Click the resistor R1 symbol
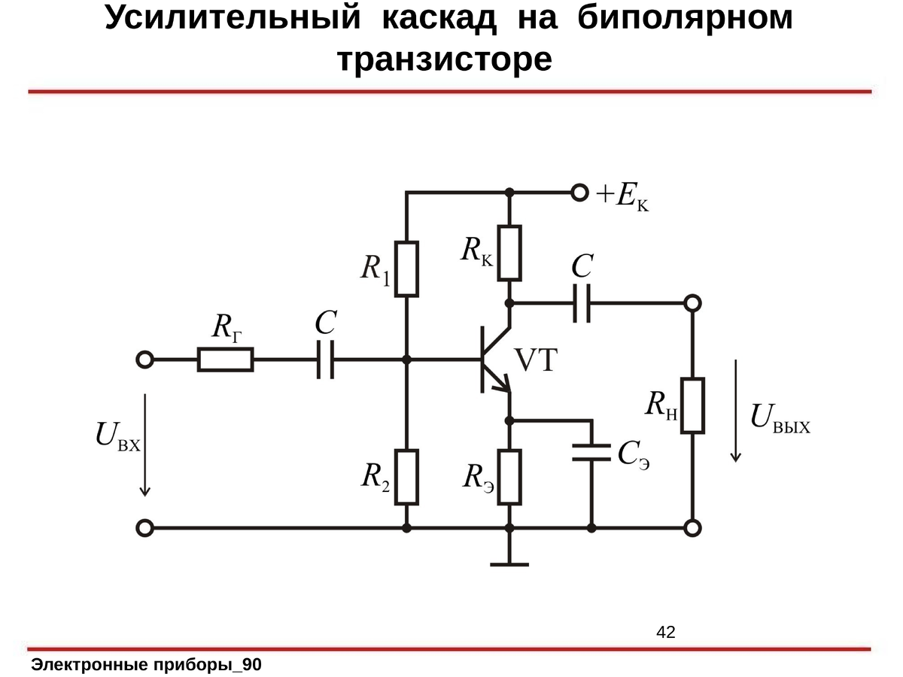[x=407, y=269]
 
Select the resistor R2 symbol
[x=407, y=477]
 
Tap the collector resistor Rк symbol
[x=509, y=252]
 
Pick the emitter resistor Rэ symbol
[x=509, y=477]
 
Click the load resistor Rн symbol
[x=692, y=406]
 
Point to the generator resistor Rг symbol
[x=226, y=360]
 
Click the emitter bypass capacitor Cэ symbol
[x=591, y=451]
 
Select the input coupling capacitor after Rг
[x=326, y=360]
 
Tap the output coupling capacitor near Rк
[x=582, y=302]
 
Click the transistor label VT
[x=536, y=362]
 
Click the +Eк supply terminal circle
[x=579, y=193]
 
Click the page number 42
[x=666, y=632]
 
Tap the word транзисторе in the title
[x=445, y=60]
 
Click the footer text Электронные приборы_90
[x=147, y=665]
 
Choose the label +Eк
[x=623, y=197]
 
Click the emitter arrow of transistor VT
[x=502, y=387]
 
